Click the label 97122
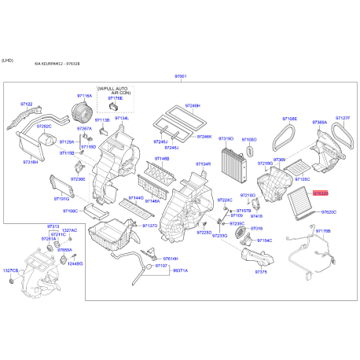point(27,104)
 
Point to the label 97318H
point(31,161)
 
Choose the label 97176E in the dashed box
point(116,98)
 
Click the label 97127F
point(343,119)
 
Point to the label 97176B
point(322,231)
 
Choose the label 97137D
point(149,226)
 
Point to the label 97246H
point(193,105)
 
